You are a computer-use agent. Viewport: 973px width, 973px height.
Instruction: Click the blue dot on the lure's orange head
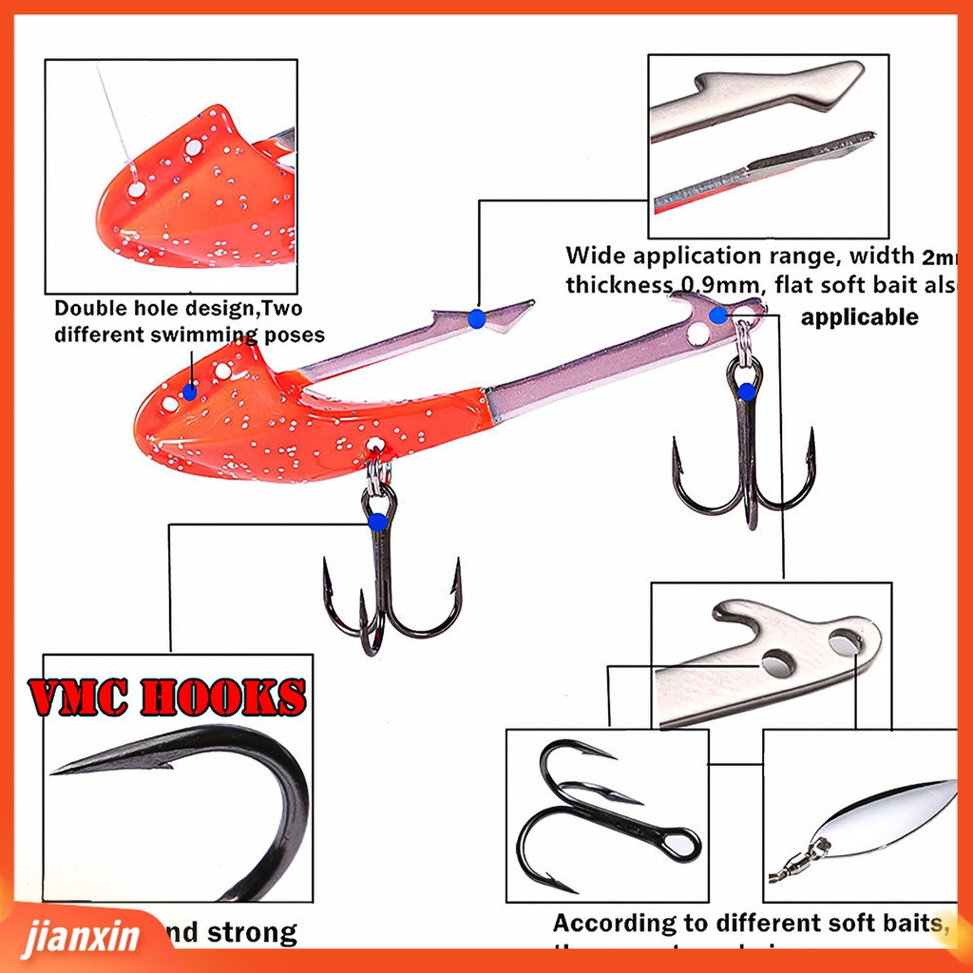click(190, 390)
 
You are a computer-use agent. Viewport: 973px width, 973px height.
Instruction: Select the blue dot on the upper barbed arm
click(476, 319)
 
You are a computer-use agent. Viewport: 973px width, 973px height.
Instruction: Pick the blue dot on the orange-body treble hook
click(378, 521)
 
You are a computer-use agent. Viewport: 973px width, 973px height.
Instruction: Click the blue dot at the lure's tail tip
click(718, 314)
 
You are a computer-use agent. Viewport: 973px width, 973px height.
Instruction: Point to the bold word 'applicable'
click(859, 317)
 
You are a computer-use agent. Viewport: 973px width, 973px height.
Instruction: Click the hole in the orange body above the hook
click(376, 445)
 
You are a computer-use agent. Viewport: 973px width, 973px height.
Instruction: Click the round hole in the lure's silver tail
click(698, 333)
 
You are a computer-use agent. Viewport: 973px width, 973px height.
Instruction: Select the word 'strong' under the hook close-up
click(251, 933)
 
